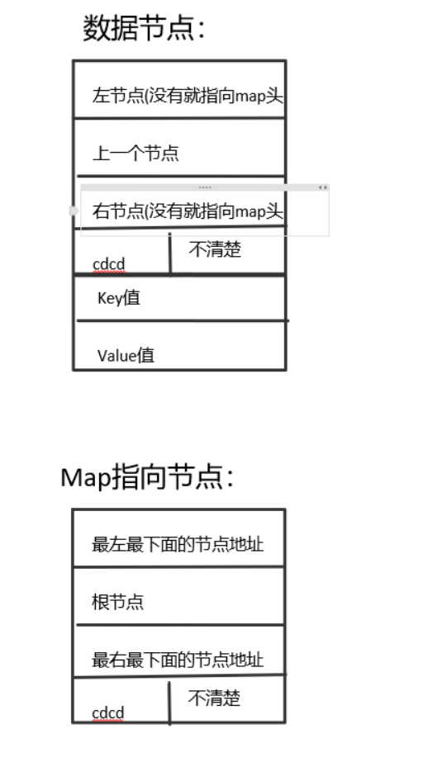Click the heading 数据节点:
click(x=143, y=28)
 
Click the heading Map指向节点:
click(x=147, y=477)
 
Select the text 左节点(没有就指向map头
click(x=188, y=96)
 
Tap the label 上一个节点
click(x=136, y=153)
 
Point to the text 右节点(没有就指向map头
click(x=188, y=211)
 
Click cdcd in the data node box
click(x=109, y=264)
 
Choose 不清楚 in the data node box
click(x=215, y=249)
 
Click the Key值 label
click(x=119, y=298)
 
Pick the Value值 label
click(x=126, y=355)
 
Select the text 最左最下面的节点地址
click(x=178, y=544)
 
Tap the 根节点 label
click(x=117, y=602)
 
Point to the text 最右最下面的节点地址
click(x=178, y=660)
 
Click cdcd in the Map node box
click(x=107, y=713)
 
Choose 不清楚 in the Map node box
click(x=214, y=698)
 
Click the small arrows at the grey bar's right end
click(x=323, y=187)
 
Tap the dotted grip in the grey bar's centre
click(x=205, y=187)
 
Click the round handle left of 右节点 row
click(x=74, y=211)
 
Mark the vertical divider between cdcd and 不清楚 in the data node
click(x=170, y=254)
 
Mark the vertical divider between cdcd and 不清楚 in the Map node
click(x=169, y=703)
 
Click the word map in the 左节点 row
click(x=250, y=97)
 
